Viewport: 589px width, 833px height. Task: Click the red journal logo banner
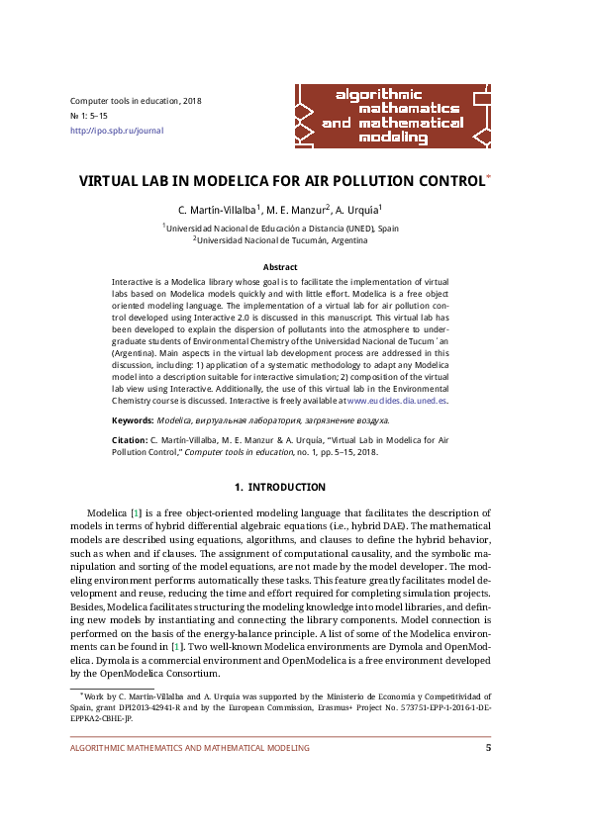tap(393, 114)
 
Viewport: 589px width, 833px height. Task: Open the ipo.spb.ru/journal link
tap(117, 131)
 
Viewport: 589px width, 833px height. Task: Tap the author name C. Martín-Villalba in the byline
tap(217, 211)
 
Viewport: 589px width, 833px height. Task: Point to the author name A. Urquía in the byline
tap(356, 211)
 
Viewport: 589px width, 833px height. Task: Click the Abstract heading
tap(280, 267)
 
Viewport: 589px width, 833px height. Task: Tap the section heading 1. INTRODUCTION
tap(279, 487)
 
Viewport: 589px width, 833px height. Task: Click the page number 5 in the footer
tap(488, 748)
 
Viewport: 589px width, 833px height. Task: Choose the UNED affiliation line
tap(281, 228)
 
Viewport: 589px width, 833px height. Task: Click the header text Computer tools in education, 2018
tap(136, 101)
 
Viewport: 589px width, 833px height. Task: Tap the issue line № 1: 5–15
tap(94, 116)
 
